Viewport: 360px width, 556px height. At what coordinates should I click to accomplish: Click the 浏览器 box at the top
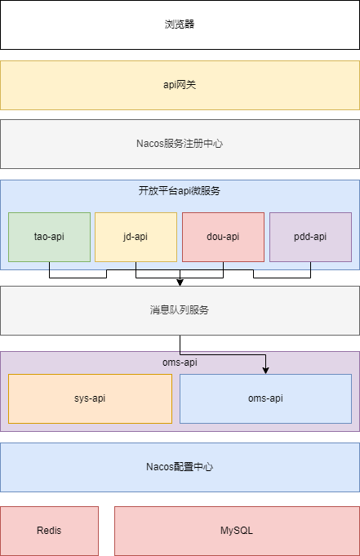180,24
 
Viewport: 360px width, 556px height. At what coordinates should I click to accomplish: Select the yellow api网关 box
180,84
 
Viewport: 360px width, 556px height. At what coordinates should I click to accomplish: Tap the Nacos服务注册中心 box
180,144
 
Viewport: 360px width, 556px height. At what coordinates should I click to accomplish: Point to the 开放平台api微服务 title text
180,191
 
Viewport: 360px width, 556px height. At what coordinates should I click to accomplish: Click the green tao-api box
49,237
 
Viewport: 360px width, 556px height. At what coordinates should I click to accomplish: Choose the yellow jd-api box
136,237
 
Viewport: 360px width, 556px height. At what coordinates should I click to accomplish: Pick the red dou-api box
223,237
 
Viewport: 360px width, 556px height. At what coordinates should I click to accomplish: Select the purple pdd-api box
310,237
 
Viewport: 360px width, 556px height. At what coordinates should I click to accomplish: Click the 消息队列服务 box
180,310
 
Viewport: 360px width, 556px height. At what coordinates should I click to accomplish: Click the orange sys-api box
90,398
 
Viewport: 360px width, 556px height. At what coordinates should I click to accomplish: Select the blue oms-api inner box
265,398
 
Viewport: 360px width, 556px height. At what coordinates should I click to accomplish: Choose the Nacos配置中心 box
180,467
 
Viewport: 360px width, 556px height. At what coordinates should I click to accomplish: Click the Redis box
49,531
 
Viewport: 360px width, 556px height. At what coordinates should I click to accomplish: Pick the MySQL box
237,531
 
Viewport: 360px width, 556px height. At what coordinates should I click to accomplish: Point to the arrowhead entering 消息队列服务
180,282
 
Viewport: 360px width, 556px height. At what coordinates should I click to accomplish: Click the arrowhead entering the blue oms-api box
266,371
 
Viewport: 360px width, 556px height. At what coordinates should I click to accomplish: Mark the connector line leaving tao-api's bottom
50,269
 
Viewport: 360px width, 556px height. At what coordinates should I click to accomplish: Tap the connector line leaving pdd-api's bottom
310,269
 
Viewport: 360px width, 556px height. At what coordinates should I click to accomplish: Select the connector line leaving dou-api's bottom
223,269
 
